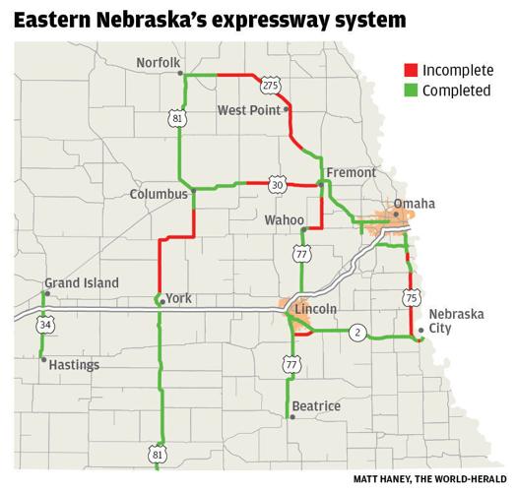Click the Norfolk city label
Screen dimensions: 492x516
pos(158,63)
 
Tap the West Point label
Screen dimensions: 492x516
pos(248,110)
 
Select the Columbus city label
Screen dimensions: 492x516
pos(159,195)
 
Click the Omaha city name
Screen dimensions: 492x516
pos(414,204)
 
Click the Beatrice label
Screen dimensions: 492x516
pos(315,406)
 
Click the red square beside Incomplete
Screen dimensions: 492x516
pos(409,70)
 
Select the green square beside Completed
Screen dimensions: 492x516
pos(409,91)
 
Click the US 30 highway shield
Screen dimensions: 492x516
pos(278,184)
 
